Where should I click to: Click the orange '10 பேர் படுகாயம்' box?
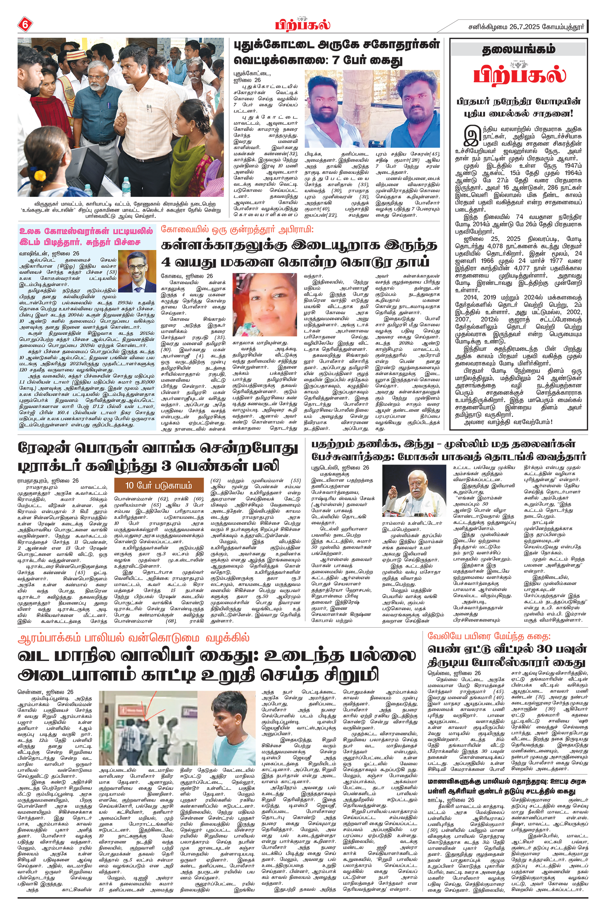159,486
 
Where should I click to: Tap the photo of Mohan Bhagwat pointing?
414,490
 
